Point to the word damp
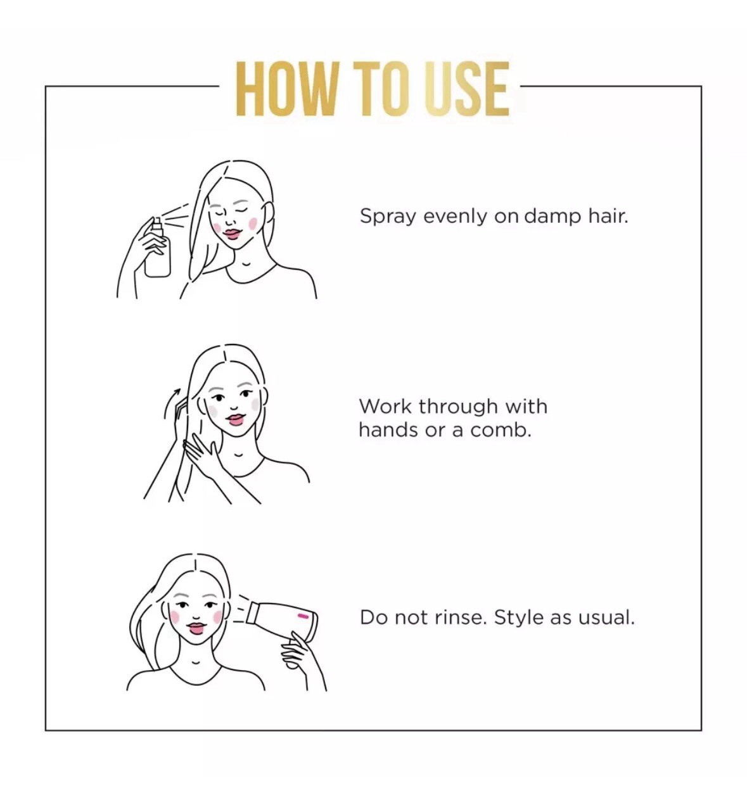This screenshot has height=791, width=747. point(552,217)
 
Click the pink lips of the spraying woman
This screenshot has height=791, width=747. point(233,234)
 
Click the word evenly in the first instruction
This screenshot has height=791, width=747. point(455,217)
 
